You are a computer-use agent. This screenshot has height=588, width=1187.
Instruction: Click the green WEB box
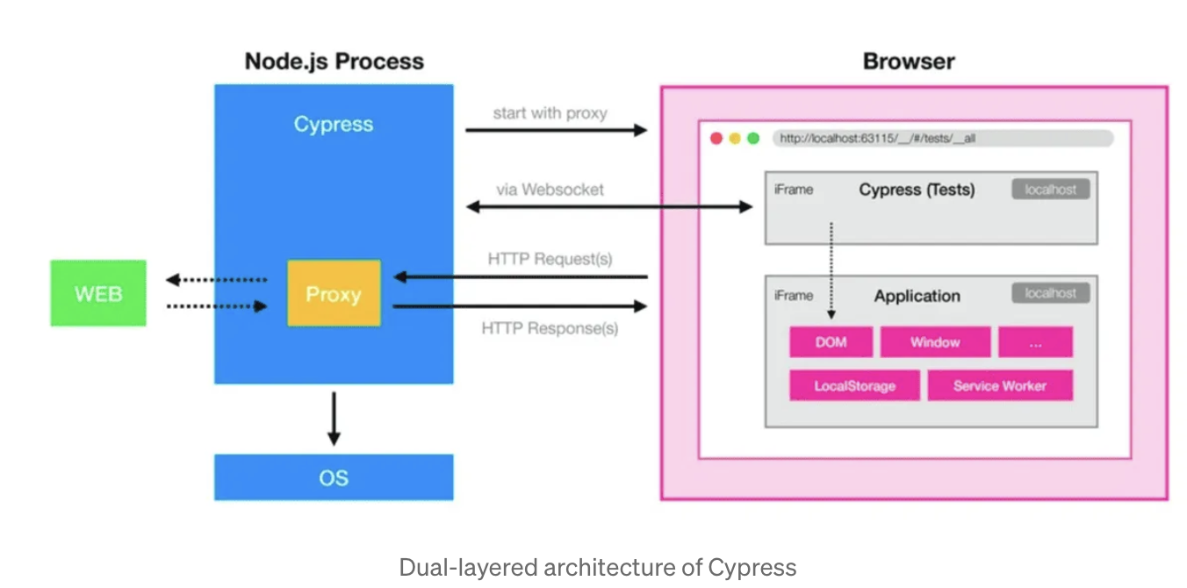[x=98, y=293]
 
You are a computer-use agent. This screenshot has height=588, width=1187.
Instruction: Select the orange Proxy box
[x=334, y=293]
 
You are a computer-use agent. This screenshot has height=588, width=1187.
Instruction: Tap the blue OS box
[x=334, y=477]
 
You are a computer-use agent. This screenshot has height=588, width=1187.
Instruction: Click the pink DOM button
[x=831, y=342]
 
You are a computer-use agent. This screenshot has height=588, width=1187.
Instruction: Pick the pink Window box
[x=935, y=342]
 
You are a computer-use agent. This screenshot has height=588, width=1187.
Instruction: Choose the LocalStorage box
[x=855, y=385]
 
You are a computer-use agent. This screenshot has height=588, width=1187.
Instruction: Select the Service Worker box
[x=1000, y=385]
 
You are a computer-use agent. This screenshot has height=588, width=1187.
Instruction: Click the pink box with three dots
[x=1035, y=342]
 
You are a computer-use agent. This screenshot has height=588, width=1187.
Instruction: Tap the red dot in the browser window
[x=716, y=139]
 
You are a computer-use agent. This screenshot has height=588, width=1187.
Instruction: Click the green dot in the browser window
[x=753, y=139]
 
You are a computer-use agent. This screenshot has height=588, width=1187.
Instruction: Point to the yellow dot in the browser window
[x=735, y=139]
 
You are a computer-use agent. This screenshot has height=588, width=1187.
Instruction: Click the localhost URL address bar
[x=943, y=139]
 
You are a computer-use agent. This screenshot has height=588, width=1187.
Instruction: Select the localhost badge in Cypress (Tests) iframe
[x=1051, y=189]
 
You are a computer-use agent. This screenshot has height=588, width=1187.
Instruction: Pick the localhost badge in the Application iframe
[x=1051, y=293]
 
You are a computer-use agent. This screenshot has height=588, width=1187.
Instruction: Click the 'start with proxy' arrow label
[x=550, y=113]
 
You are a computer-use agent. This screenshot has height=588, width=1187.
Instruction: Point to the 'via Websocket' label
[x=550, y=190]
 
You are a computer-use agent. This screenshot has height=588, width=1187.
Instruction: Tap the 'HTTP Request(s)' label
[x=550, y=259]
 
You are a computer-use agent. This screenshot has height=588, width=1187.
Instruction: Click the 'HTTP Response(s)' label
[x=550, y=328]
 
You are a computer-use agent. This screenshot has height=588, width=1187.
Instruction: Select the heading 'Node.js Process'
[x=335, y=61]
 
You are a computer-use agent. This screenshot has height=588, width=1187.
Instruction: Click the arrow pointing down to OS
[x=334, y=419]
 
